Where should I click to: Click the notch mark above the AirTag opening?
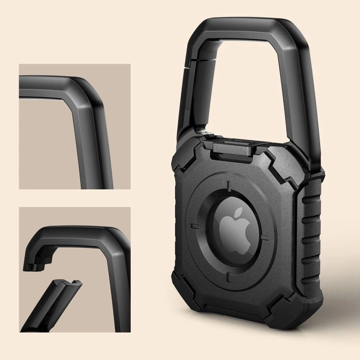click(228, 186)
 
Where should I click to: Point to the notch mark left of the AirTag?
click(195, 226)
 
